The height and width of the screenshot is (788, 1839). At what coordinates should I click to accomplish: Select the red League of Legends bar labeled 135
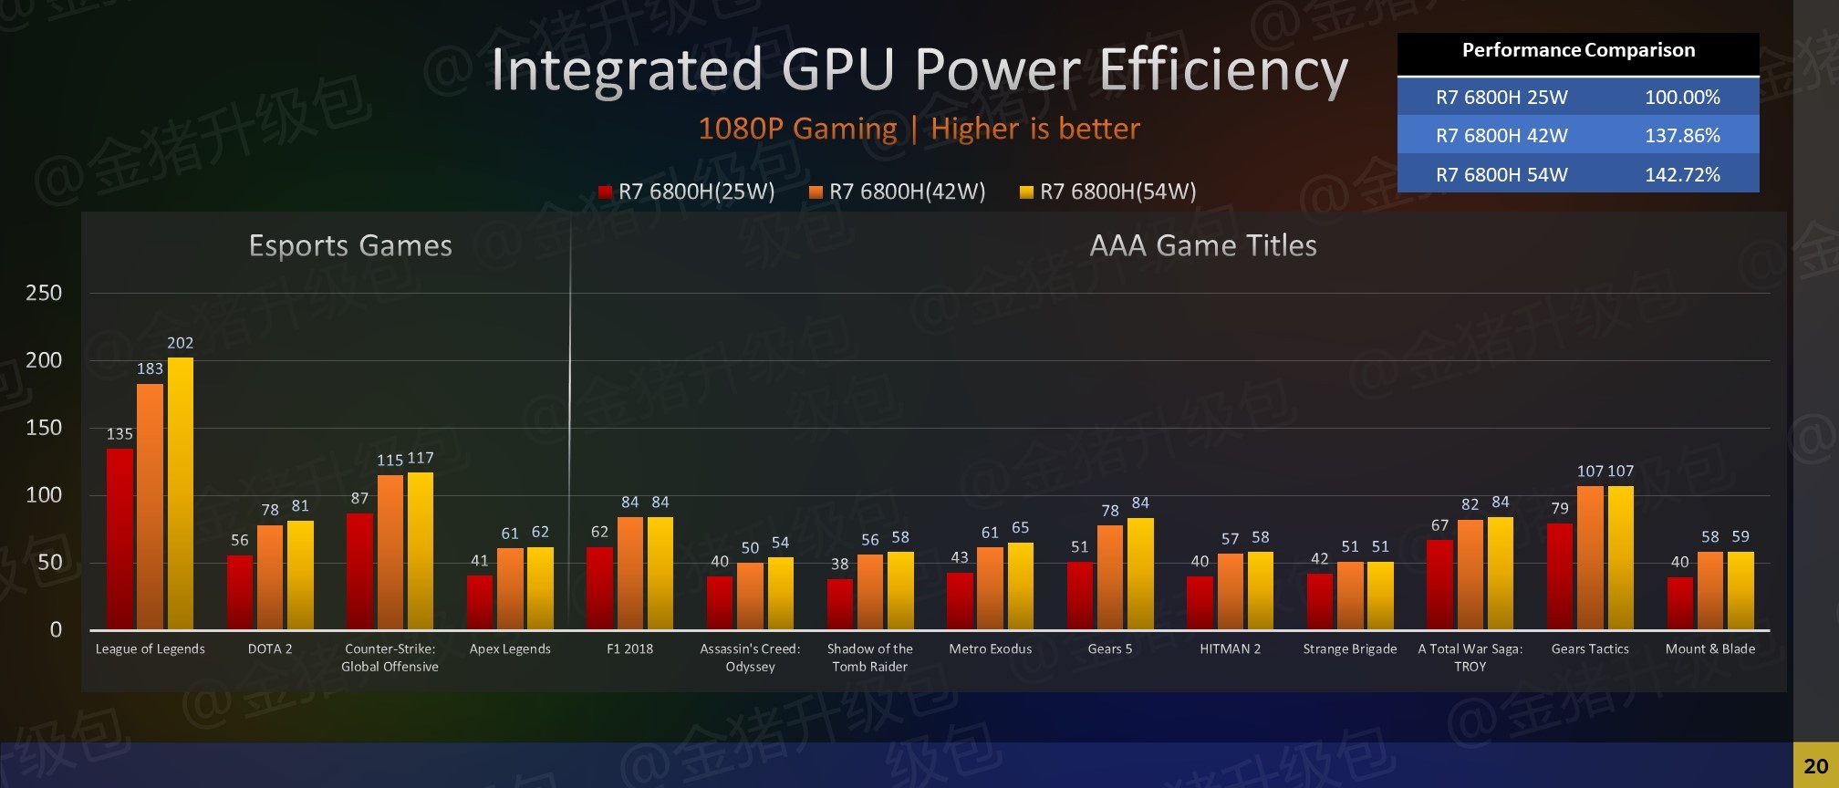click(x=119, y=538)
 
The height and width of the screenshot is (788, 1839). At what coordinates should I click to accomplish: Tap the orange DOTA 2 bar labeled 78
click(x=270, y=576)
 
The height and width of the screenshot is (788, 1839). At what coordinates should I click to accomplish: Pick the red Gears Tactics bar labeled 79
click(x=1560, y=575)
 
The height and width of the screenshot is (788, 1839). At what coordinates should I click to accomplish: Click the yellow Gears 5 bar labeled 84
click(x=1140, y=573)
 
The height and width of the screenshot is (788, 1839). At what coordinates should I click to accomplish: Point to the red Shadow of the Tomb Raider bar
click(x=840, y=604)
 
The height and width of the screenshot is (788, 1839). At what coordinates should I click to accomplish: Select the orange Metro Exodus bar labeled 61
click(x=990, y=587)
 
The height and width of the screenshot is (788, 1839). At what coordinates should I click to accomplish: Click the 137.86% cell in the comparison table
click(x=1682, y=136)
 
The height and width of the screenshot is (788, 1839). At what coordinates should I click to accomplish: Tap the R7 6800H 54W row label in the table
click(x=1501, y=175)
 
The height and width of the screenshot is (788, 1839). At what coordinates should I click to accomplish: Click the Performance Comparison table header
click(x=1578, y=51)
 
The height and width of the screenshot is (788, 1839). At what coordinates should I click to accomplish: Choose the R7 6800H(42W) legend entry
click(x=899, y=192)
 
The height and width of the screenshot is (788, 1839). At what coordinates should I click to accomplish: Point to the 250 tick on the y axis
click(x=44, y=293)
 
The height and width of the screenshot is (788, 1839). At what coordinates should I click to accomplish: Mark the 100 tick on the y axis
click(x=44, y=495)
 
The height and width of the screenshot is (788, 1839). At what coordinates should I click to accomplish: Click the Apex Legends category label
click(x=510, y=649)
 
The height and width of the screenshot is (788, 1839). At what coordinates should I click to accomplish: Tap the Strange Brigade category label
click(x=1349, y=649)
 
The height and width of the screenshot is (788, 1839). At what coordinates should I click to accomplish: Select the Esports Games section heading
click(x=350, y=245)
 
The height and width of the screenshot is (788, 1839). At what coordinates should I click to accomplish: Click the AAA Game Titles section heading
click(x=1203, y=245)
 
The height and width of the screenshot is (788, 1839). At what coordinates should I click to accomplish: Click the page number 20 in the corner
click(x=1815, y=766)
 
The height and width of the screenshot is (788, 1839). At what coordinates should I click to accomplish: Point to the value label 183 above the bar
click(x=150, y=368)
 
